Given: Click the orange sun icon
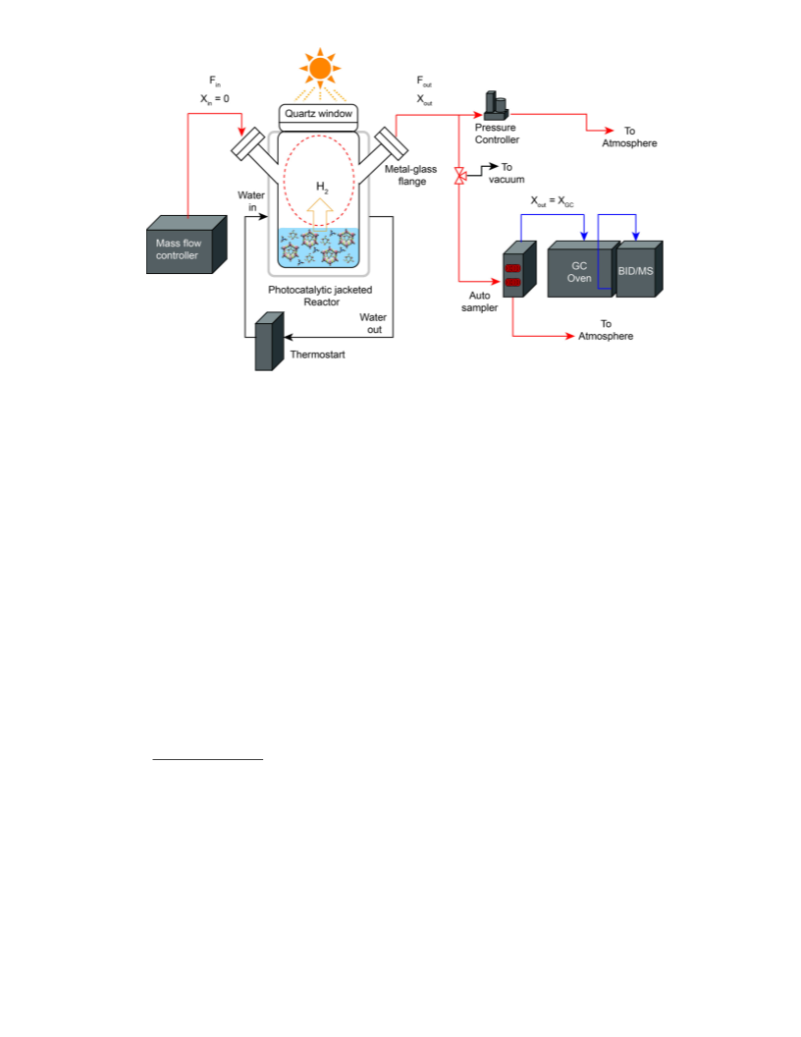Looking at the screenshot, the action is click(320, 68).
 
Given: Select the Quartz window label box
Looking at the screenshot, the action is click(319, 114).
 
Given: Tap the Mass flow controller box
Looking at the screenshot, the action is click(187, 245).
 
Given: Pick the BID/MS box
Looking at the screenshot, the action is click(639, 269).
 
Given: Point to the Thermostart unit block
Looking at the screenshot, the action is click(269, 342).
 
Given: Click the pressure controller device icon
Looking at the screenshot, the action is click(497, 106).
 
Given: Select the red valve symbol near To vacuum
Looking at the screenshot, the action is click(460, 176).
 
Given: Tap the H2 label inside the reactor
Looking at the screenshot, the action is click(322, 188).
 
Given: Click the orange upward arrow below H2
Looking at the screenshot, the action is click(320, 214).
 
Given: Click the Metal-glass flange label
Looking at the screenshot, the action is click(411, 175).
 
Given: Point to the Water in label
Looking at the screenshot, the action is click(251, 201).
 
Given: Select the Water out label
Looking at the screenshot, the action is click(373, 323).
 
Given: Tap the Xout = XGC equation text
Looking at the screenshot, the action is click(553, 201).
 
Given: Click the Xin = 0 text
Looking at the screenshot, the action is click(215, 98).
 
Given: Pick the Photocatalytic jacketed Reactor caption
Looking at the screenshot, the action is click(321, 296).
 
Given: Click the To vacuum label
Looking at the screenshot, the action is click(507, 173).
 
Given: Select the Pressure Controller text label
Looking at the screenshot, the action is click(497, 134).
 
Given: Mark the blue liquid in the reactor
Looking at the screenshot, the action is click(319, 248).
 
